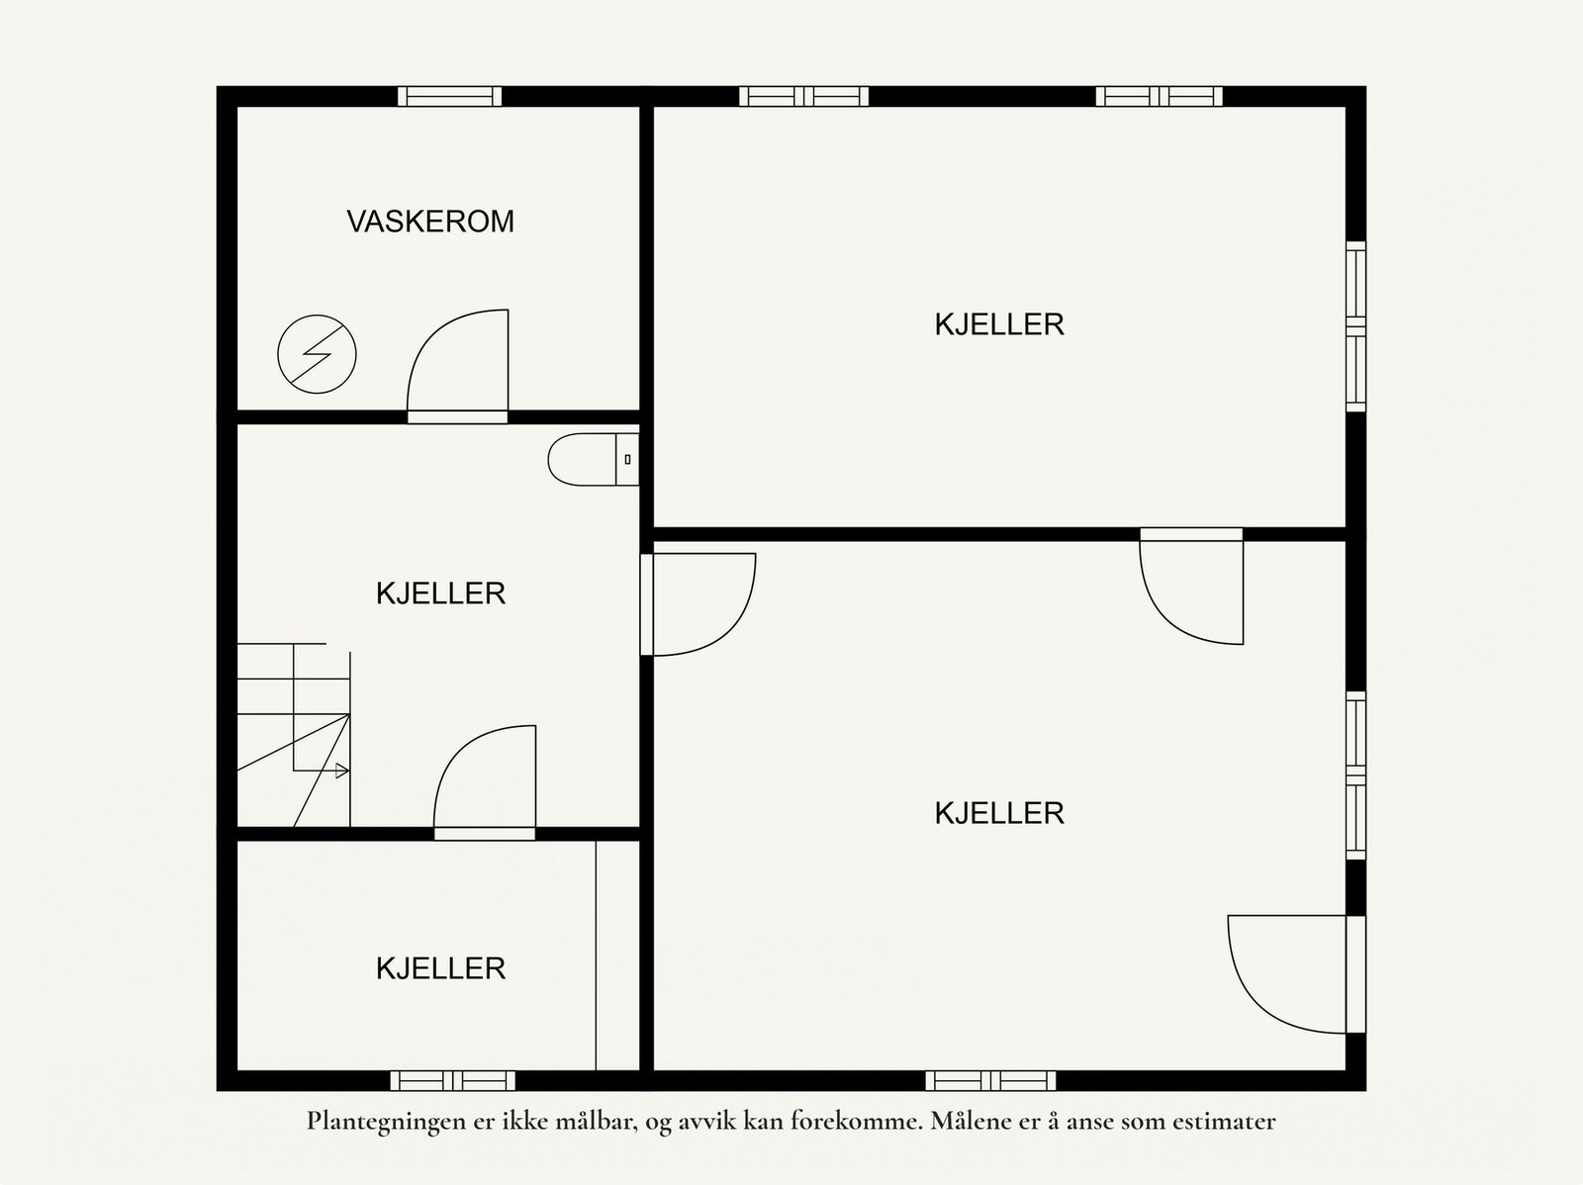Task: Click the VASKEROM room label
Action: [x=430, y=221]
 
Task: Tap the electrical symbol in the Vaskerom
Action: [x=317, y=353]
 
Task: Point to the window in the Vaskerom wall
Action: [x=449, y=96]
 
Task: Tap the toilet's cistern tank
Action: [x=627, y=459]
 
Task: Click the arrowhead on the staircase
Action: [x=342, y=771]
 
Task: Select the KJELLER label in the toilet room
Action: [x=440, y=593]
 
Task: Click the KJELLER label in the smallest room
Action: [x=440, y=967]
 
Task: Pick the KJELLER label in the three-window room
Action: [x=999, y=324]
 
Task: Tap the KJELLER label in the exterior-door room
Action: [x=999, y=813]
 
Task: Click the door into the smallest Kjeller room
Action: [x=485, y=781]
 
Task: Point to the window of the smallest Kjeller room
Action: [x=452, y=1080]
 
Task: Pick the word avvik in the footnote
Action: [x=704, y=1122]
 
